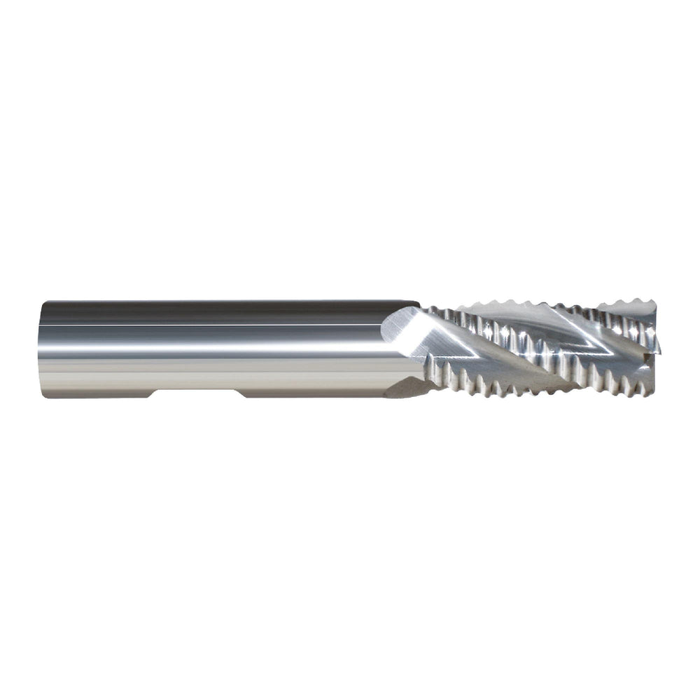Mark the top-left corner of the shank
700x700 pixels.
pos(45,302)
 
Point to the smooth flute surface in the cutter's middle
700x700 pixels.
pos(490,350)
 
